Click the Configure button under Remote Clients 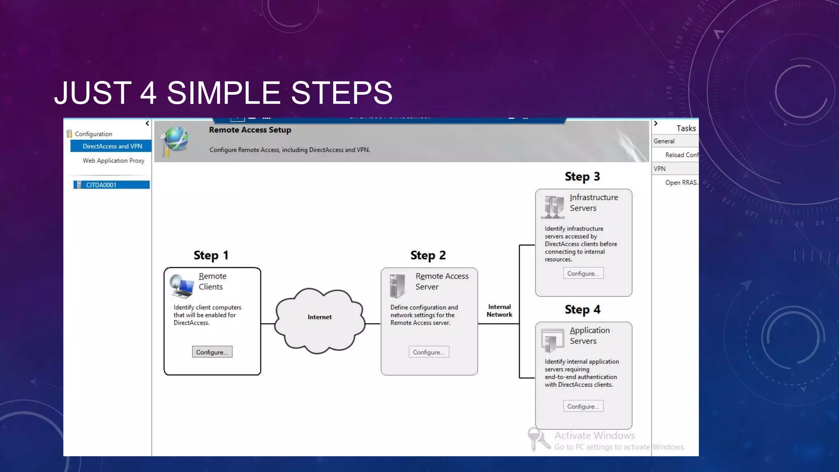[212, 352]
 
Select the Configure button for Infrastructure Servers [583, 273]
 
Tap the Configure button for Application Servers [583, 406]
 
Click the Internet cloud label [320, 317]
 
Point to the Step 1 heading [211, 255]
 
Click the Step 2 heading [428, 255]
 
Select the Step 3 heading [582, 177]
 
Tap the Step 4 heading [582, 309]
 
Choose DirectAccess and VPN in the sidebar [112, 146]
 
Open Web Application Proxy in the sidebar [113, 161]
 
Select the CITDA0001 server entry [101, 185]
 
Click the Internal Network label [499, 311]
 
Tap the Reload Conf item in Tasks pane [681, 155]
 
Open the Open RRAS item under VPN [681, 183]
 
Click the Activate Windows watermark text [594, 436]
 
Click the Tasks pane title [686, 128]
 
